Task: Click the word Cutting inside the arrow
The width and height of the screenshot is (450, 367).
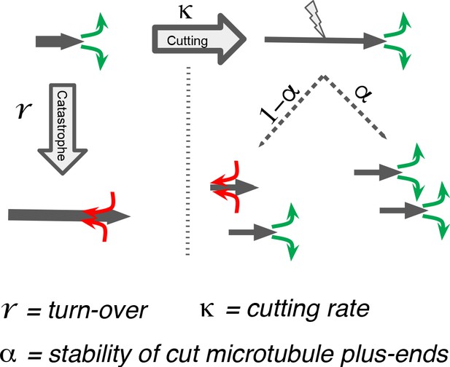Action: pos(187,41)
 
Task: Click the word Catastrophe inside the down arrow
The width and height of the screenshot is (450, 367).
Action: pos(62,126)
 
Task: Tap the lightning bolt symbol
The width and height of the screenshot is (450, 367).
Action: pos(315,19)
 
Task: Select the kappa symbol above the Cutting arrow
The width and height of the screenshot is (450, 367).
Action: pos(185,13)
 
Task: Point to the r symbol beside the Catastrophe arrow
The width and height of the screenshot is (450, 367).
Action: pos(24,111)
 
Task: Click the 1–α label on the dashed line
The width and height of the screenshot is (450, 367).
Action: pos(279,103)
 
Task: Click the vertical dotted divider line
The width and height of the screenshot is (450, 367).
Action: pos(187,161)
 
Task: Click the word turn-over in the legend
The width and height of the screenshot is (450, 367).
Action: pos(97,310)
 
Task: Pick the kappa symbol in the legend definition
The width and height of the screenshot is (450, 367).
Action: pos(207,310)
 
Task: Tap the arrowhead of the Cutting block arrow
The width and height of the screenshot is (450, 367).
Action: pos(232,39)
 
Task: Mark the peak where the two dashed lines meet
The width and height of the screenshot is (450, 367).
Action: pos(324,76)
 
